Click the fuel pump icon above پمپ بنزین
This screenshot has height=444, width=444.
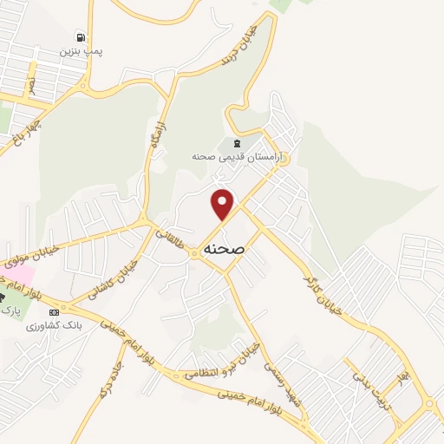click(x=81, y=38)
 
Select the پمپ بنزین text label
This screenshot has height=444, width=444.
click(x=81, y=52)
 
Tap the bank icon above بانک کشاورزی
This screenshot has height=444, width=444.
click(x=55, y=312)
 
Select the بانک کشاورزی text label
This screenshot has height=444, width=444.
click(x=53, y=325)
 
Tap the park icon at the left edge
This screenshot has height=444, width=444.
click(x=3, y=296)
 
